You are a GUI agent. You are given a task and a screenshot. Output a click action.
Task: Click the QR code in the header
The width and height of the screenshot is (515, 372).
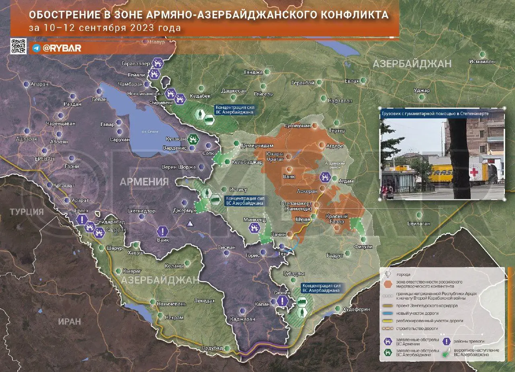[18, 46]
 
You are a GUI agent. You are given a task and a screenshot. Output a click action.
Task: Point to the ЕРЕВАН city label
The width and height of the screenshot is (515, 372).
[44, 159]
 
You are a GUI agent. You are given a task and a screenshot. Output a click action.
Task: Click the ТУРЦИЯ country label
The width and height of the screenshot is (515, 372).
[27, 212]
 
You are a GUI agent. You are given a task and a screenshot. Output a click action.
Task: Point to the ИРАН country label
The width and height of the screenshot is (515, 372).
[69, 322]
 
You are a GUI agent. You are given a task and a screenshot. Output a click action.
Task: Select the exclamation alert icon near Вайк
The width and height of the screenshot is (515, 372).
[162, 231]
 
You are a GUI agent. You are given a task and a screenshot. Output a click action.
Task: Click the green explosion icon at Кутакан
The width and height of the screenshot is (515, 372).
[194, 139]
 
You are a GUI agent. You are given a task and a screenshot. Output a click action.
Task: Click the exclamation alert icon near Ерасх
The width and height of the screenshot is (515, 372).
[82, 219]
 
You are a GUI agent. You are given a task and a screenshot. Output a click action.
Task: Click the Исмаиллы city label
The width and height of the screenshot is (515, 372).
[482, 62]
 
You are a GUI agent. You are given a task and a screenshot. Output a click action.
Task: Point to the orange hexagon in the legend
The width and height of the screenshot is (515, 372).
[388, 284]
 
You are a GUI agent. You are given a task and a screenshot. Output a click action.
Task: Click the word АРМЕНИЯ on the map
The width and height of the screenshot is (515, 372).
[144, 182]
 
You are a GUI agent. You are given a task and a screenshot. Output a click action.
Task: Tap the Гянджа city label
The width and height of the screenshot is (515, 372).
[253, 72]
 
